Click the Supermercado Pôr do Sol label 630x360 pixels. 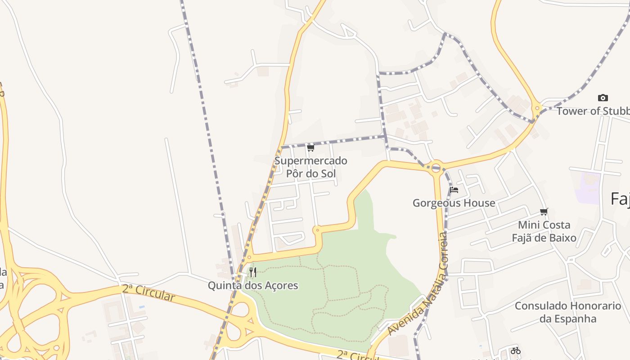click(310, 167)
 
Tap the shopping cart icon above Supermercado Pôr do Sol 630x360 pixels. click(310, 148)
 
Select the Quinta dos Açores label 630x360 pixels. click(253, 285)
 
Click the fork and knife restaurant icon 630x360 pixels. click(253, 272)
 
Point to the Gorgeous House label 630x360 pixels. click(454, 203)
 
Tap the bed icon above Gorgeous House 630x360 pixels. click(454, 190)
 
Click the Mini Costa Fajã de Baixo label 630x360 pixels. click(544, 231)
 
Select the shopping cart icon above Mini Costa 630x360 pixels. click(544, 211)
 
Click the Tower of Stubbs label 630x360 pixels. click(593, 111)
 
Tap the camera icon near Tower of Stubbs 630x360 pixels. click(603, 98)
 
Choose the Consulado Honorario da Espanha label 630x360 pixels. click(568, 312)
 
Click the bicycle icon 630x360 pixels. click(516, 351)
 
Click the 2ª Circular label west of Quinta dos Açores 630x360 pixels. click(148, 292)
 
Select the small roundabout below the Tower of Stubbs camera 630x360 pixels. click(536, 108)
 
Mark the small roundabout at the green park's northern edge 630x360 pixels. click(317, 230)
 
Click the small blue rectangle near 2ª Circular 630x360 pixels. click(142, 307)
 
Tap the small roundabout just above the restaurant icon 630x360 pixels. click(249, 258)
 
